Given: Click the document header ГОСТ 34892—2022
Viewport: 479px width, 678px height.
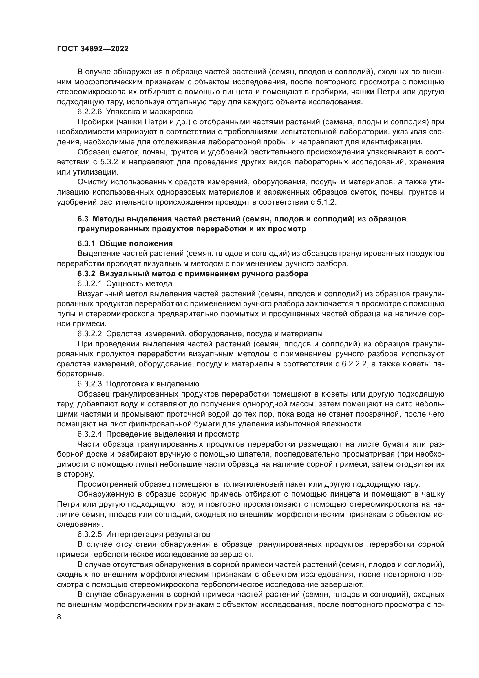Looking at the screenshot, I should click(x=93, y=49).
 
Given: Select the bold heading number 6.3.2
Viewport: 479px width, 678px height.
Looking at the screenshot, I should click(x=86, y=274).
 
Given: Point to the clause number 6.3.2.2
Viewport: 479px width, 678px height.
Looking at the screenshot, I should click(x=90, y=334).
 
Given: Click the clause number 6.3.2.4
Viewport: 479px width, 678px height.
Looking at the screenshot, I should click(x=90, y=434).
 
